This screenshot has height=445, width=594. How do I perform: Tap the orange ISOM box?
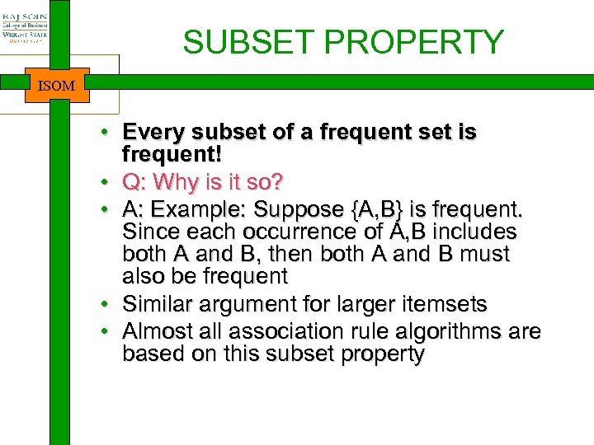point(57,85)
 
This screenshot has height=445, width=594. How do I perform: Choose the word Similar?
point(156,305)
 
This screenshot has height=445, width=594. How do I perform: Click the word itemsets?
point(445,305)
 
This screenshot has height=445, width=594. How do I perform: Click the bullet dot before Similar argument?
point(108,306)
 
